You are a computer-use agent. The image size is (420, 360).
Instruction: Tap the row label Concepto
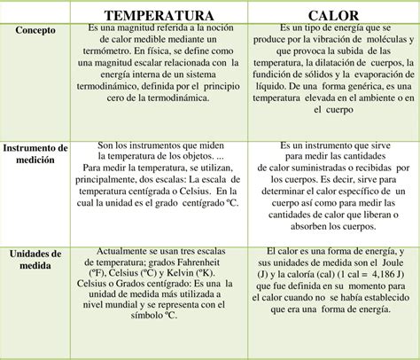coord(35,29)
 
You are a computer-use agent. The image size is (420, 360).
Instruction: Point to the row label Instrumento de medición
coord(36,153)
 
